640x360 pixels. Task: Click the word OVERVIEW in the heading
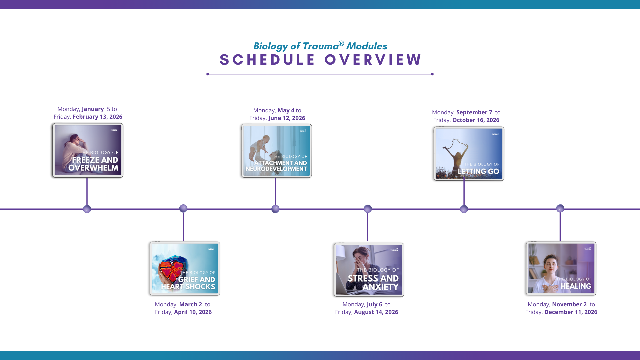point(373,60)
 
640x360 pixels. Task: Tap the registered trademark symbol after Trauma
point(341,43)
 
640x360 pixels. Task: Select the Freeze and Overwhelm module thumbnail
point(88,150)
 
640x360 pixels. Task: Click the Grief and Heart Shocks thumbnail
point(185,269)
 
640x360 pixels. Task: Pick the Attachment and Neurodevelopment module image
point(277,151)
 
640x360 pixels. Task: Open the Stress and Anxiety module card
point(369,270)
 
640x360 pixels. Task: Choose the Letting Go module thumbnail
point(469,154)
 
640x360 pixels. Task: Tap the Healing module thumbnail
point(561,269)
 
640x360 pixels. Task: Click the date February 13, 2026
point(97,117)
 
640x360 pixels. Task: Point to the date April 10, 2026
point(193,312)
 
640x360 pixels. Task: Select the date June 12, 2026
point(286,118)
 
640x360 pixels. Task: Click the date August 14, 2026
point(376,312)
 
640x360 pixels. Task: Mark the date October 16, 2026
point(476,120)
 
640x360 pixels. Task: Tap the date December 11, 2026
point(571,312)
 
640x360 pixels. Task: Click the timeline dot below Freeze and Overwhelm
point(87,209)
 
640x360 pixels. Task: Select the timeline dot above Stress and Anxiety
point(368,209)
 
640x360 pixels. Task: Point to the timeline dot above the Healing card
point(560,208)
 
